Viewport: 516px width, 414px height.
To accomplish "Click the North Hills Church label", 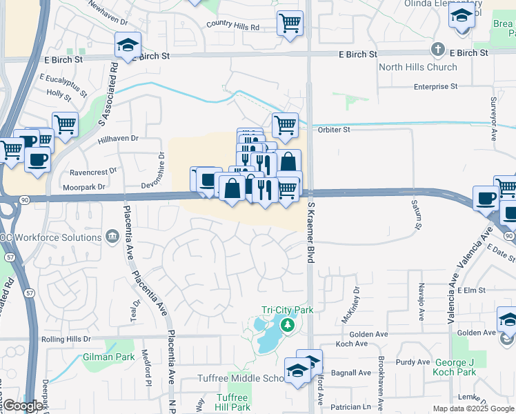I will tap(418, 67).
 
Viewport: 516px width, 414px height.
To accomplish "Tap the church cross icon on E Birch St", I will tap(437, 50).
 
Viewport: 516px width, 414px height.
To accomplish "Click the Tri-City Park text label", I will tap(287, 310).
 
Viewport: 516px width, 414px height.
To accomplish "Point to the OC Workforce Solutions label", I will tap(51, 237).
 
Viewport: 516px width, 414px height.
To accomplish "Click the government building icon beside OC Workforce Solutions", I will tap(112, 237).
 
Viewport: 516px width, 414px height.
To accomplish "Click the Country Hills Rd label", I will tap(232, 26).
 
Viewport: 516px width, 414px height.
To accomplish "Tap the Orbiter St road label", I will tap(334, 129).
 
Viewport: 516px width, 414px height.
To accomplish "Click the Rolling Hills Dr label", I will tap(66, 339).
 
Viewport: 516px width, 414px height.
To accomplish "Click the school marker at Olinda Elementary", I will tap(462, 15).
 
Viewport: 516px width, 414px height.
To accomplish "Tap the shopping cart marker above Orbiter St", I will tap(285, 125).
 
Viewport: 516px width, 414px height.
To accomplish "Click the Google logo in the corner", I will tap(23, 406).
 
